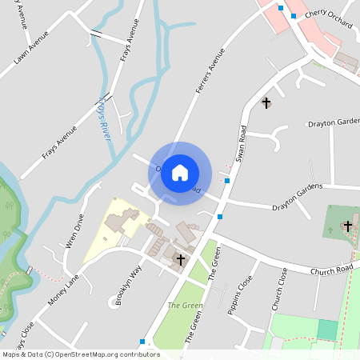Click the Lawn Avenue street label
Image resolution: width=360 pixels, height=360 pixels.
[x=31, y=48]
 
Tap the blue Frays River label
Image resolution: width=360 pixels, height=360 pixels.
[x=103, y=120]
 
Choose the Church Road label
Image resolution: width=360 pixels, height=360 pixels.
[x=331, y=269]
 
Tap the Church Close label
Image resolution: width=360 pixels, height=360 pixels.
[x=278, y=289]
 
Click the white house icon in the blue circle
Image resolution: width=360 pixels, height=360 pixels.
[x=180, y=172]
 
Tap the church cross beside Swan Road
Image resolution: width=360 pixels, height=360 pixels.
[x=266, y=103]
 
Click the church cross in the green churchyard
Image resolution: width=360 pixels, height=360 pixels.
[x=347, y=226]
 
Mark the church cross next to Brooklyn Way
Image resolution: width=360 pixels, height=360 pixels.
[x=181, y=259]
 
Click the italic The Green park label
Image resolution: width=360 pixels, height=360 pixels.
[x=185, y=306]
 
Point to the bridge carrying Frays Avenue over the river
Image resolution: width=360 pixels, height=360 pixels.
[x=98, y=34]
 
